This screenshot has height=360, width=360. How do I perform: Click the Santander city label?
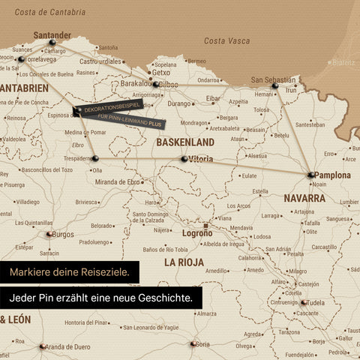click(x=52, y=34)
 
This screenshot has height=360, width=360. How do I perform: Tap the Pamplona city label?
click(x=333, y=175)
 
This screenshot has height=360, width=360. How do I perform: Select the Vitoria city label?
click(x=202, y=159)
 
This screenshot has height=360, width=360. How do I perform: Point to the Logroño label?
click(x=198, y=233)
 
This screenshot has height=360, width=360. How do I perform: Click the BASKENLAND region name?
click(x=185, y=142)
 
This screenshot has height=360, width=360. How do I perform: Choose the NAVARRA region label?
click(x=304, y=198)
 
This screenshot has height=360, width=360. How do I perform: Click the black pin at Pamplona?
click(x=310, y=175)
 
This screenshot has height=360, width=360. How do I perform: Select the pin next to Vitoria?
click(x=184, y=159)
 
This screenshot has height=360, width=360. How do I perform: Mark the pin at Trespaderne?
click(x=95, y=158)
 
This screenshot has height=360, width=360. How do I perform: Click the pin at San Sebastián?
click(x=275, y=86)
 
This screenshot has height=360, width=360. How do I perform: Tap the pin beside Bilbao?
click(x=155, y=85)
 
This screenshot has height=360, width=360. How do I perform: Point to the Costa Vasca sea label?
click(x=226, y=40)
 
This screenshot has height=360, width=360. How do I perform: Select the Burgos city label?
click(x=63, y=234)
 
